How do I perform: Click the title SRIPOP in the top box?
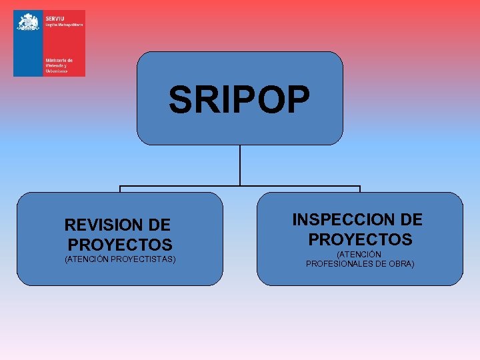click(x=239, y=99)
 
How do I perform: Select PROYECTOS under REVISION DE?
click(x=120, y=245)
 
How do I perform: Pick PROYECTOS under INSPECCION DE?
click(x=360, y=239)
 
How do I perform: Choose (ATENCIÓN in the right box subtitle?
click(x=359, y=255)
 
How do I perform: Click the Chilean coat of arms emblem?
click(x=28, y=22)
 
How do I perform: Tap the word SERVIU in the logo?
click(x=55, y=17)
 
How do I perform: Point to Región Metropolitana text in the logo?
click(x=64, y=24)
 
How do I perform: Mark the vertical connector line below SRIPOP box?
click(x=240, y=165)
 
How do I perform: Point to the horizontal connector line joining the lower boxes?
click(x=240, y=186)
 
